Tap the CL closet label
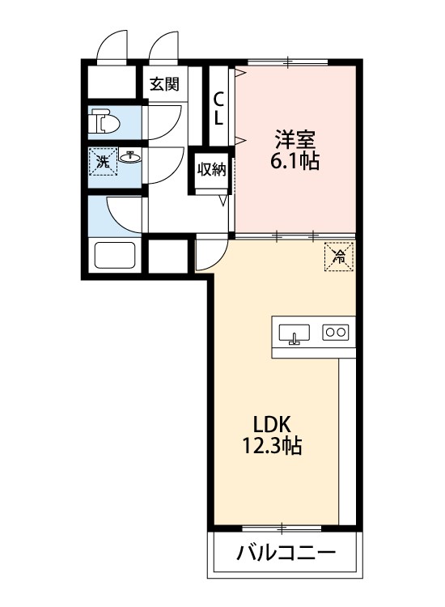coord(218,108)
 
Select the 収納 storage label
coord(212,169)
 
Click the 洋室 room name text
coord(294,138)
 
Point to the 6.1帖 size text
coord(294,161)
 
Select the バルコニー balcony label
coord(286,554)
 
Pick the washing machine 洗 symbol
coord(102,162)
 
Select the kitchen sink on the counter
coord(295,333)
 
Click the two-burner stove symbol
coord(335,331)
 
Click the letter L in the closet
coord(218,118)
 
